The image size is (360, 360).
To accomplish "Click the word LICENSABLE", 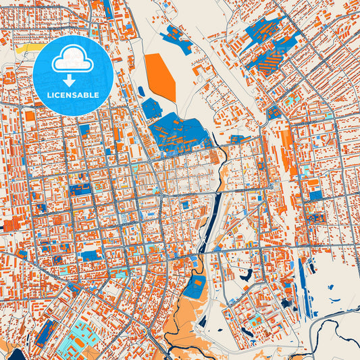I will pyautogui.click(x=73, y=96).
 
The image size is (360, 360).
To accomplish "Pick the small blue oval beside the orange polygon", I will pyautogui.click(x=141, y=91).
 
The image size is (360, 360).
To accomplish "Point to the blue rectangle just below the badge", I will pyautogui.click(x=84, y=128).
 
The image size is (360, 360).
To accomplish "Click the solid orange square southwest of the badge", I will pyautogui.click(x=30, y=116).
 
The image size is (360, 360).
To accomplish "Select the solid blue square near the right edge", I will pyautogui.click(x=315, y=196).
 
